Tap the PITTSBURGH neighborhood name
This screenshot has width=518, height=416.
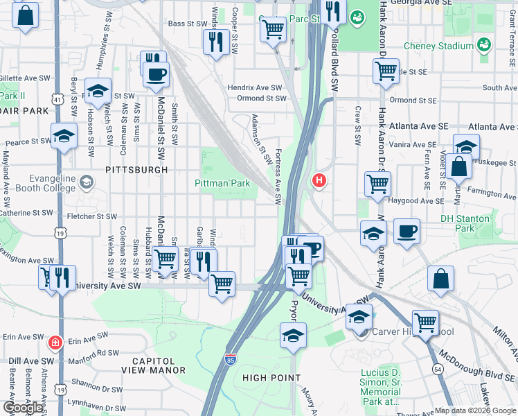[136, 169]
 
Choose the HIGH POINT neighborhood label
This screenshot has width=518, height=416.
[271, 378]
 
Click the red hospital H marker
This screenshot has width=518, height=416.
[319, 182]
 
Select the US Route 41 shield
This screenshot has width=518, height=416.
[56, 100]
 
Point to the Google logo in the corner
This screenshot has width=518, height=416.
[22, 408]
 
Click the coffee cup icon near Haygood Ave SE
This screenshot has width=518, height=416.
[407, 231]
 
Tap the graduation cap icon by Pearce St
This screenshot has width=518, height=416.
[64, 136]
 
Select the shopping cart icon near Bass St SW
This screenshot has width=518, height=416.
[274, 30]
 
